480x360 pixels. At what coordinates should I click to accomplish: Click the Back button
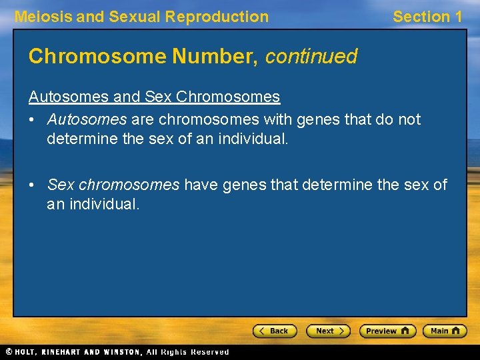[274, 331]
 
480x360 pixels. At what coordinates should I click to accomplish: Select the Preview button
[387, 331]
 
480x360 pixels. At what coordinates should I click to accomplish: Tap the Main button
[445, 331]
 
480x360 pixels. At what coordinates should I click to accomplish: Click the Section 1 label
[427, 17]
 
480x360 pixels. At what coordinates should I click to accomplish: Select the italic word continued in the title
[311, 57]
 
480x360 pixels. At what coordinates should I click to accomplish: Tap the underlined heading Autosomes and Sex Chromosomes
[154, 97]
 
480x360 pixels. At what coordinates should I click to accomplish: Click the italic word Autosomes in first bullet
[87, 119]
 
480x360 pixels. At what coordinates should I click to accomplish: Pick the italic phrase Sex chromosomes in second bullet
[113, 185]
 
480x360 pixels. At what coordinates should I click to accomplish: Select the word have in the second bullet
[201, 185]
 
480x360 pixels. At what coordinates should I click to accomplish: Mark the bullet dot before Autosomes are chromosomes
[32, 120]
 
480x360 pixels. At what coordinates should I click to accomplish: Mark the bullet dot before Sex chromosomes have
[32, 185]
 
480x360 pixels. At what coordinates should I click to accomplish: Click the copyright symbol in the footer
[9, 352]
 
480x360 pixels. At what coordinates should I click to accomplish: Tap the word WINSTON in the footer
[121, 352]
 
